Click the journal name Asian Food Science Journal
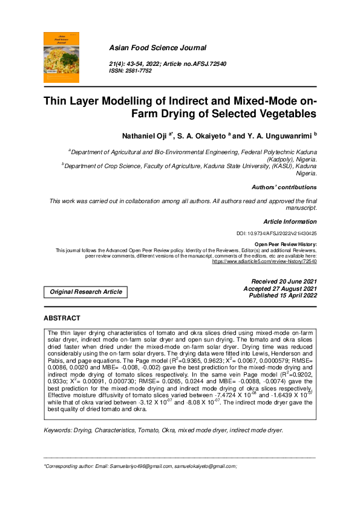[157, 48]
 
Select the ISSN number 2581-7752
[139, 71]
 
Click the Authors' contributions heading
[284, 187]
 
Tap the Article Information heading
[290, 222]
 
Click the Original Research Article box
[86, 292]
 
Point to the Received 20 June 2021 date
[283, 282]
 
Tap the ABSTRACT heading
[62, 318]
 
